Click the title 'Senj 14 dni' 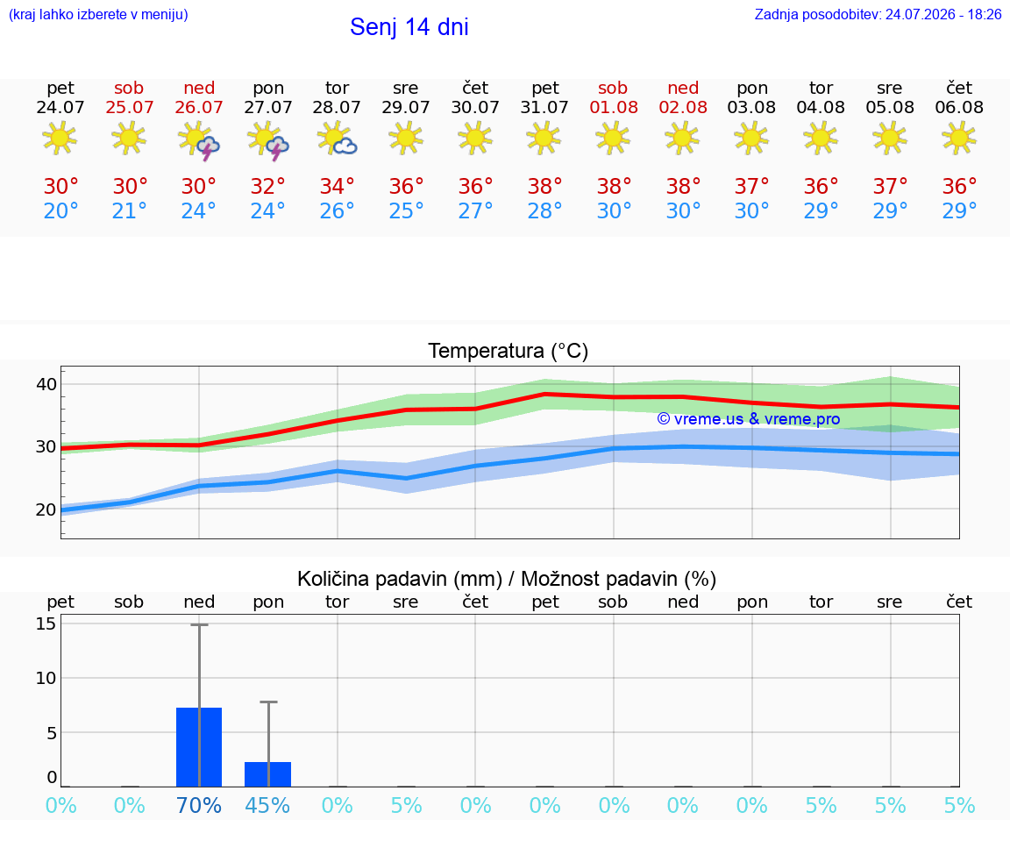pyautogui.click(x=409, y=27)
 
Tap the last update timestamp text pyautogui.click(x=878, y=15)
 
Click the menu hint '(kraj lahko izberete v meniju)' pyautogui.click(x=98, y=15)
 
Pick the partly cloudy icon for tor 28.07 pyautogui.click(x=337, y=139)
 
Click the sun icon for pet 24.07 pyautogui.click(x=60, y=139)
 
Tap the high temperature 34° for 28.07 pyautogui.click(x=337, y=187)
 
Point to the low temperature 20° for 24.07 pyautogui.click(x=60, y=211)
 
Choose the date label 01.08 pyautogui.click(x=614, y=108)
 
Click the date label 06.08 pyautogui.click(x=959, y=108)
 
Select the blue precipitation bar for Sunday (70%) pyautogui.click(x=199, y=747)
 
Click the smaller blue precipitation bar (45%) pyautogui.click(x=268, y=773)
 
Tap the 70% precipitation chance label pyautogui.click(x=199, y=806)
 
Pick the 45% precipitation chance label pyautogui.click(x=268, y=806)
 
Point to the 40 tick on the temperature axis pyautogui.click(x=46, y=384)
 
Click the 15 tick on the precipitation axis pyautogui.click(x=46, y=623)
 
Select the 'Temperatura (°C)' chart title pyautogui.click(x=509, y=351)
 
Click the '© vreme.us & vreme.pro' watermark pyautogui.click(x=749, y=419)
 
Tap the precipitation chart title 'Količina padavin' pyautogui.click(x=400, y=579)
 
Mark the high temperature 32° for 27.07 pyautogui.click(x=268, y=187)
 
